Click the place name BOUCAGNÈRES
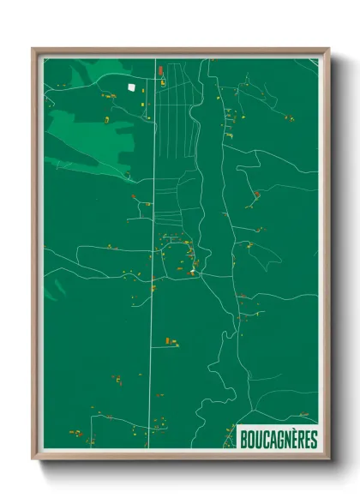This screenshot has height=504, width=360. tap(279, 439)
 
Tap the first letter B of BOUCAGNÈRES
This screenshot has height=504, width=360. tap(245, 439)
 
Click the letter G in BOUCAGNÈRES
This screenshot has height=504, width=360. tap(278, 439)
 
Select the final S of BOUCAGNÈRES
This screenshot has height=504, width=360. tap(313, 439)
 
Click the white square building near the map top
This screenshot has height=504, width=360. tap(131, 86)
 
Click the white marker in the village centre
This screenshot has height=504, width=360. tap(193, 273)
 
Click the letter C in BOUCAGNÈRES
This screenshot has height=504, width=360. tap(265, 439)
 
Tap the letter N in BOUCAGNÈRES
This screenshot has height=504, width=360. tap(285, 439)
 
